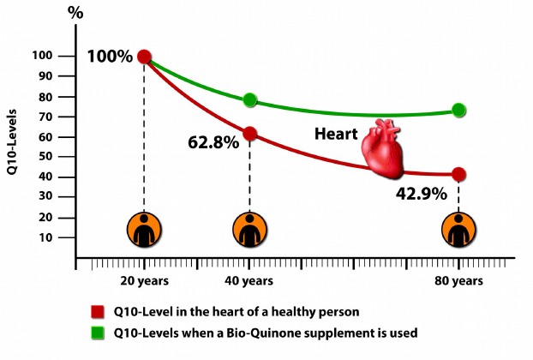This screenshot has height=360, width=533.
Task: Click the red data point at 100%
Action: point(144,57)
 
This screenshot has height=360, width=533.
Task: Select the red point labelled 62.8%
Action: point(250,133)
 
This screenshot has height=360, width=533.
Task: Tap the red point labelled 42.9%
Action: point(459,174)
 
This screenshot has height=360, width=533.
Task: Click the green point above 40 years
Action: point(250,100)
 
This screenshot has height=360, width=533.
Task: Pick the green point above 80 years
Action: point(459,110)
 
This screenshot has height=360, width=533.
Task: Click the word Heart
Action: point(336,134)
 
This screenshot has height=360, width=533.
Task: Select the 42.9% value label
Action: point(422,194)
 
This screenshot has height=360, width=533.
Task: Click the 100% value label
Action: point(110,57)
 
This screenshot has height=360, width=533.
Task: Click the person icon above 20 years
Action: point(143,230)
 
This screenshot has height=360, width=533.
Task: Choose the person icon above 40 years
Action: point(250,230)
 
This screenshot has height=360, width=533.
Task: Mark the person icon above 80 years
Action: point(459,230)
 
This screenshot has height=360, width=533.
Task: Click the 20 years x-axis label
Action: point(143,280)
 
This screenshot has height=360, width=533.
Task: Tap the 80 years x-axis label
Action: point(458,280)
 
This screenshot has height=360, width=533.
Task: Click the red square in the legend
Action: point(98,312)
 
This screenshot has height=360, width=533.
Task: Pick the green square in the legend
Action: point(98,331)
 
